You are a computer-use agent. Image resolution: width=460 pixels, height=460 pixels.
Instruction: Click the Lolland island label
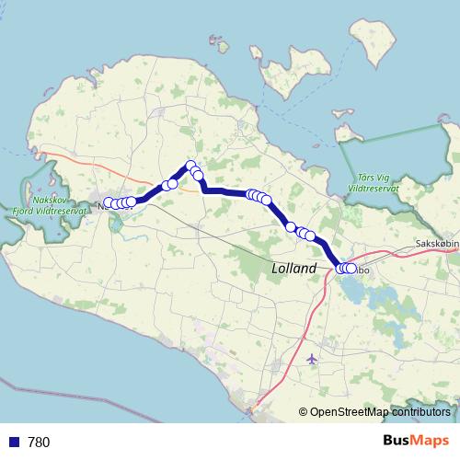(x=294, y=269)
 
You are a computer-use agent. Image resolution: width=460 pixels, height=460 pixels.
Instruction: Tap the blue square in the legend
(x=13, y=443)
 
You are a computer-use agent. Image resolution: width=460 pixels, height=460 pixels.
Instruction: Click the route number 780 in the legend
(x=39, y=443)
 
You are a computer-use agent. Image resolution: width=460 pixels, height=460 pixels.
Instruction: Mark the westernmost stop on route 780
(x=109, y=202)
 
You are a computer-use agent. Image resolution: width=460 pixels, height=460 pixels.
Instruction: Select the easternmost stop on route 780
(x=351, y=269)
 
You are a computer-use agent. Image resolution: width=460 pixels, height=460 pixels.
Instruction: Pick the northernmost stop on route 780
(x=191, y=167)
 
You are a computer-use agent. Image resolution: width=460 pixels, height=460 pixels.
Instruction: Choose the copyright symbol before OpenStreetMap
(x=304, y=412)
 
